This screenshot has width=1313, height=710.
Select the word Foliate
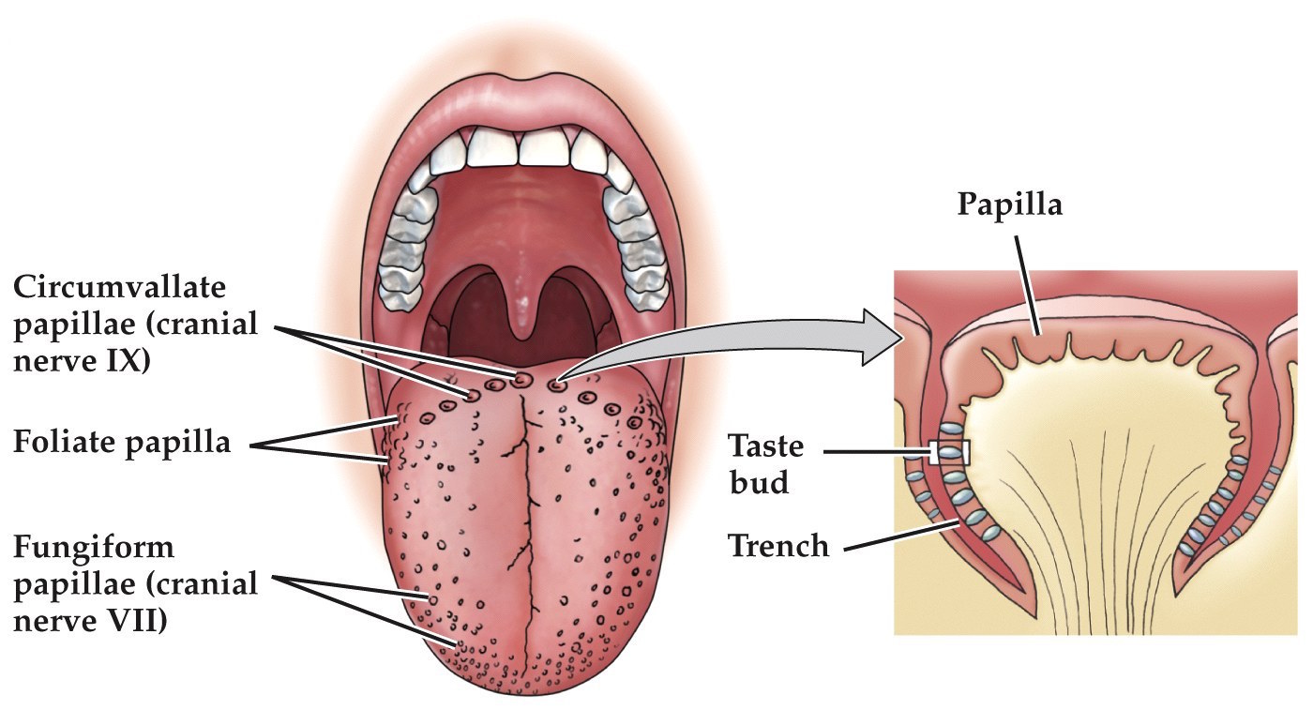click(65, 441)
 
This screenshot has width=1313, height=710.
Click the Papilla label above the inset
click(1009, 204)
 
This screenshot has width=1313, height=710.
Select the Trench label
click(778, 545)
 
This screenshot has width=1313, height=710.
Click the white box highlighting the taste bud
click(949, 453)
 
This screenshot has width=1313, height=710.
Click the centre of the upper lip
click(525, 89)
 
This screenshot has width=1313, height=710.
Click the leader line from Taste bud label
click(877, 453)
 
